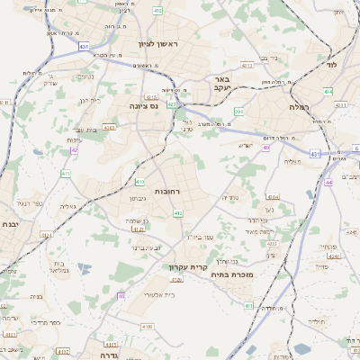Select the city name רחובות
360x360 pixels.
[x=170, y=192]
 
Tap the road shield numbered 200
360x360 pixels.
[x=238, y=112]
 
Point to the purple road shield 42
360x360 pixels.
[x=75, y=150]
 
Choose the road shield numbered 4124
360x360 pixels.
[x=138, y=229]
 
